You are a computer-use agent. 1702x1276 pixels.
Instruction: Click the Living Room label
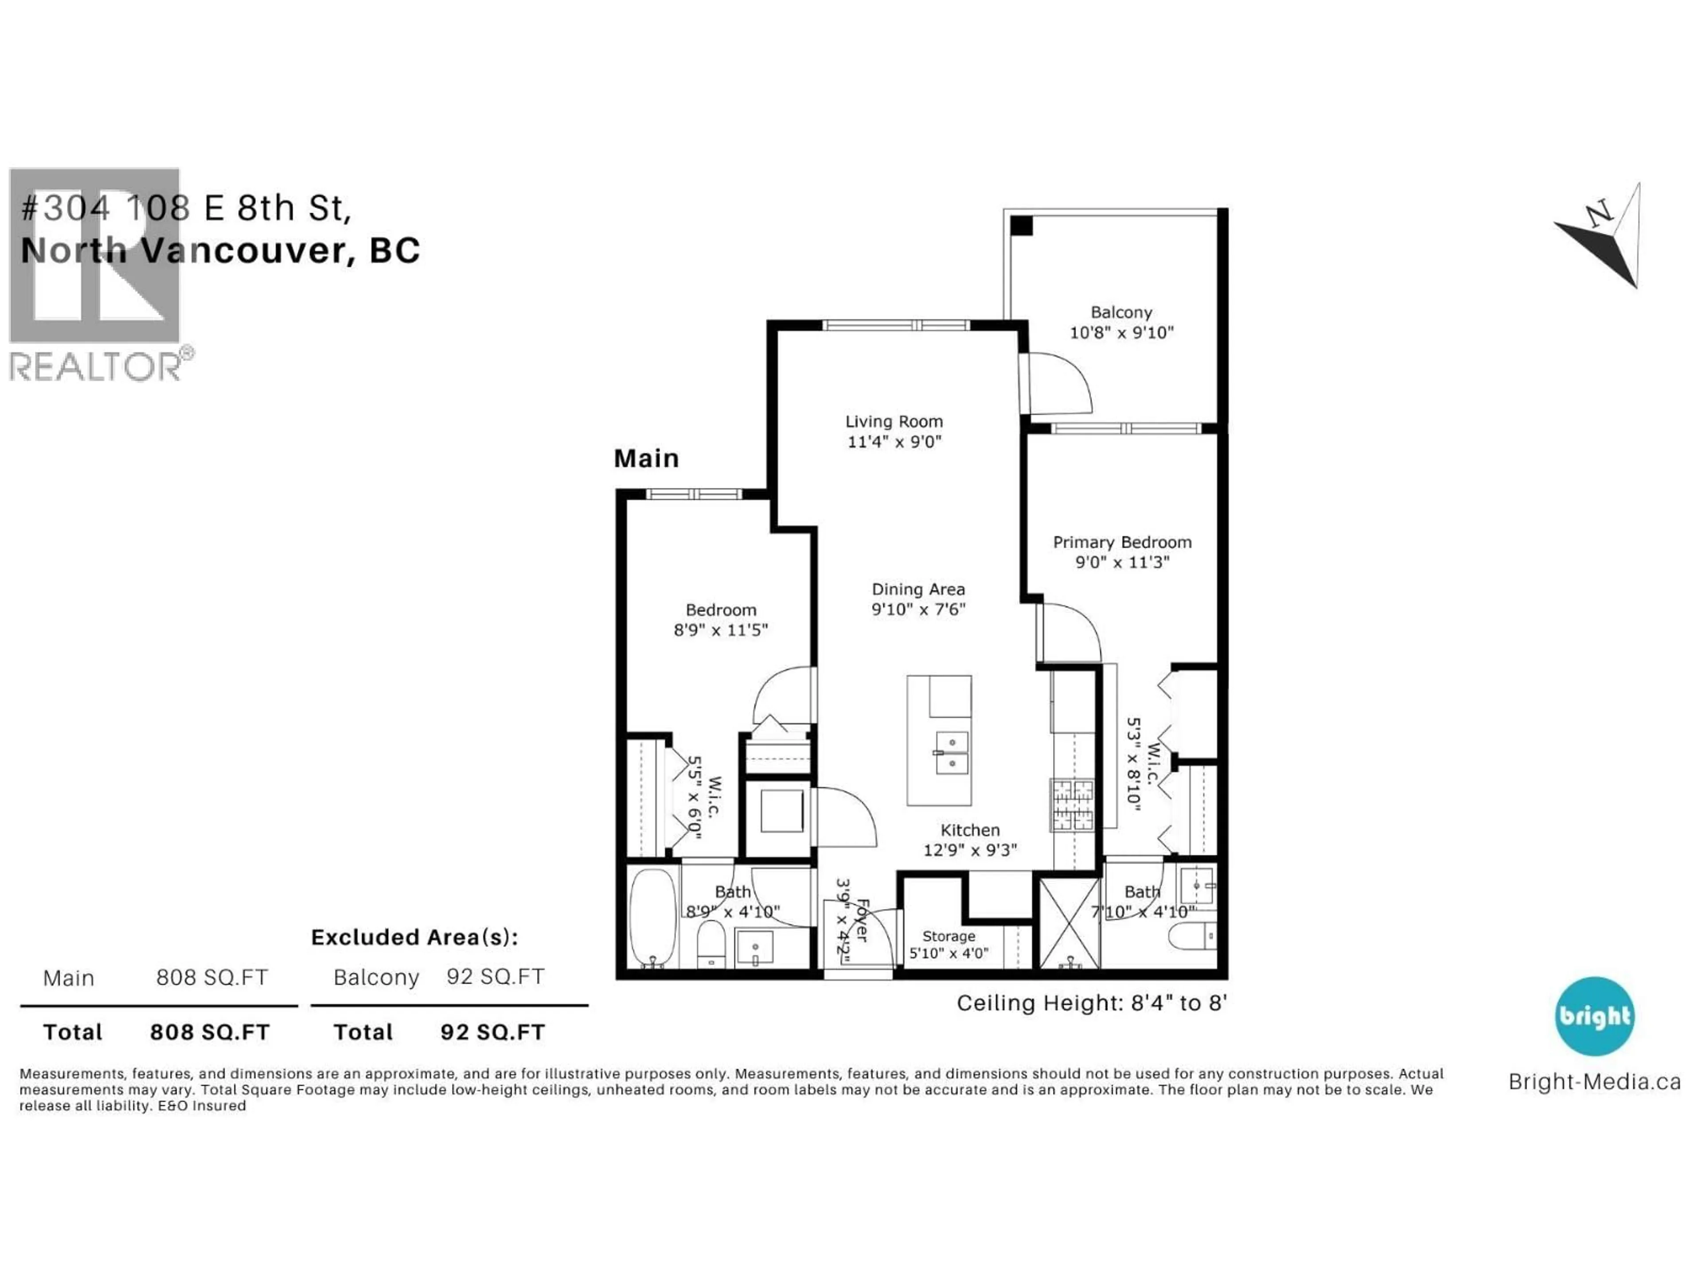pyautogui.click(x=893, y=421)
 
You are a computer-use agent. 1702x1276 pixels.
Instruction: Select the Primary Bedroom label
pyautogui.click(x=1122, y=542)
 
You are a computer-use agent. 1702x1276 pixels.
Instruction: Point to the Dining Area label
pyautogui.click(x=918, y=589)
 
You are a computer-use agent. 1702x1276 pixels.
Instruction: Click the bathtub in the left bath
pyautogui.click(x=652, y=917)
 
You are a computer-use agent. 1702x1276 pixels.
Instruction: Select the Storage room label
pyautogui.click(x=948, y=936)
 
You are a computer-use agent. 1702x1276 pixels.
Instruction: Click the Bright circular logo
pyautogui.click(x=1594, y=1016)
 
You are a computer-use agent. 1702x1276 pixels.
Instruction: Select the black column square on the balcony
pyautogui.click(x=1021, y=226)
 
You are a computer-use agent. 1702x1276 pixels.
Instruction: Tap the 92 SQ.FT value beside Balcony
pyautogui.click(x=496, y=977)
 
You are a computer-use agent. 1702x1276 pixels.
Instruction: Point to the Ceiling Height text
pyautogui.click(x=1091, y=1003)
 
